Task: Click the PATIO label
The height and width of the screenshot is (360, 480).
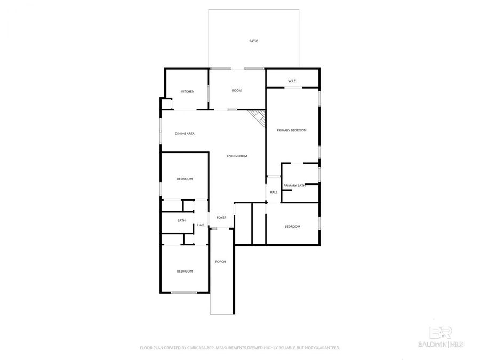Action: (254, 41)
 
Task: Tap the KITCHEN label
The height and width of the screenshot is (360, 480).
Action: (188, 91)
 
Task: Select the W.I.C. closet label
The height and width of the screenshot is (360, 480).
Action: (292, 81)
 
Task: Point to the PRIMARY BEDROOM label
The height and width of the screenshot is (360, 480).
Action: (291, 130)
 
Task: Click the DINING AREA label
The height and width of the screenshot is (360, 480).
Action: (185, 133)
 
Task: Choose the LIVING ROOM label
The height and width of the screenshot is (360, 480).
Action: (237, 156)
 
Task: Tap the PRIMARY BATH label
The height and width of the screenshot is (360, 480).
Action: (294, 185)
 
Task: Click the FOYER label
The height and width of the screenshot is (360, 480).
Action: (221, 218)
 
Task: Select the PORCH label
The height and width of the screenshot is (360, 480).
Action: (220, 262)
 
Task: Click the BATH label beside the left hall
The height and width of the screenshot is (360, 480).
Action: (181, 220)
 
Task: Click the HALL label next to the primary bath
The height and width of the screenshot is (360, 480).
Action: (274, 192)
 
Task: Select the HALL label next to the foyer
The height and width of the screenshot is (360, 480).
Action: (201, 225)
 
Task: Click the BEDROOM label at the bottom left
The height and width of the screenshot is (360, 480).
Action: (185, 271)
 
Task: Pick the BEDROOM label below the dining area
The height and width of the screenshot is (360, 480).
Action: (185, 179)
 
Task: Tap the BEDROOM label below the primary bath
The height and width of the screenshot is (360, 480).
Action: (292, 227)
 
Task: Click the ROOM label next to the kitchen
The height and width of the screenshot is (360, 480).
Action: (236, 90)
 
